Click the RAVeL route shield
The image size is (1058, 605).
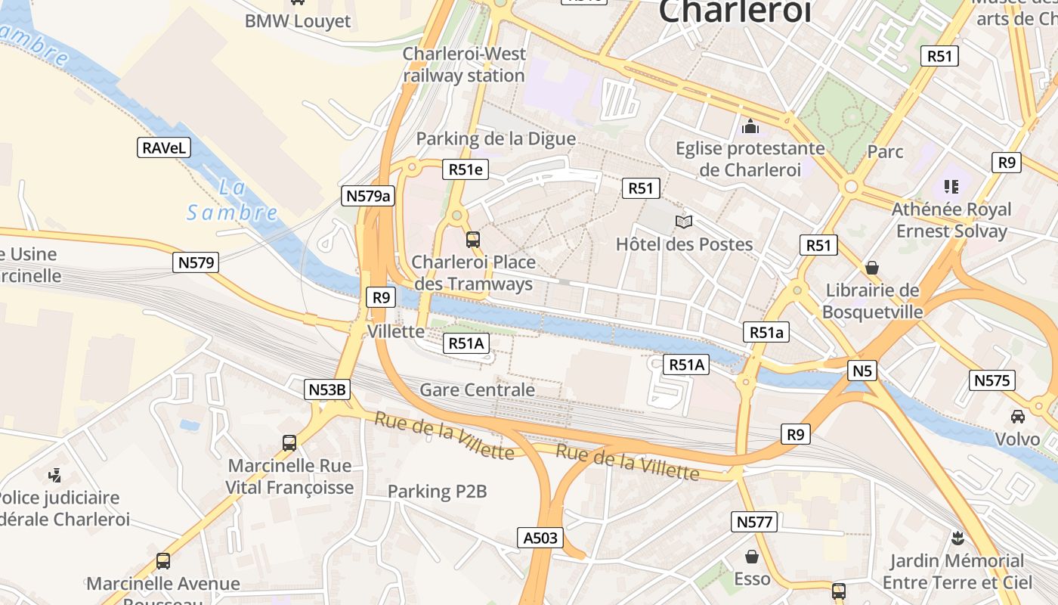coord(164,147)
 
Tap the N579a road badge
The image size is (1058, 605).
coord(367,196)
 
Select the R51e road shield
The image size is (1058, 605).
coord(466,169)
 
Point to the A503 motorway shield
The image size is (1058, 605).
coord(541,538)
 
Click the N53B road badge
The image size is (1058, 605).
coord(328,389)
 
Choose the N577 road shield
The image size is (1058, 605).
coord(754,521)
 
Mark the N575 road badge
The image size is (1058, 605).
coord(991,380)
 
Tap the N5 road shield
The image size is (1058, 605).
coord(862,371)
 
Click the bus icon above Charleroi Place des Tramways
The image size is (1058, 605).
coord(473,240)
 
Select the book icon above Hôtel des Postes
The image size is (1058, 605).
coord(684,222)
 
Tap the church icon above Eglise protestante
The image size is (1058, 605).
coord(750,126)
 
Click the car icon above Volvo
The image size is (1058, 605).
coord(1018,416)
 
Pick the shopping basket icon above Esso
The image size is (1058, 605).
coord(752,557)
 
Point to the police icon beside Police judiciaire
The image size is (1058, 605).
coord(54,476)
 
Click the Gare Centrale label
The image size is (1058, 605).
coord(477,390)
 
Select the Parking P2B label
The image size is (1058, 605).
coord(437,492)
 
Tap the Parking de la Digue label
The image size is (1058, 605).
coord(496,139)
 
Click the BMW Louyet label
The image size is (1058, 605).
coord(298,21)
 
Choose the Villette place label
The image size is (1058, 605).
coord(395,331)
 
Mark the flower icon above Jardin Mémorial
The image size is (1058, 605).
coord(957,538)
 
